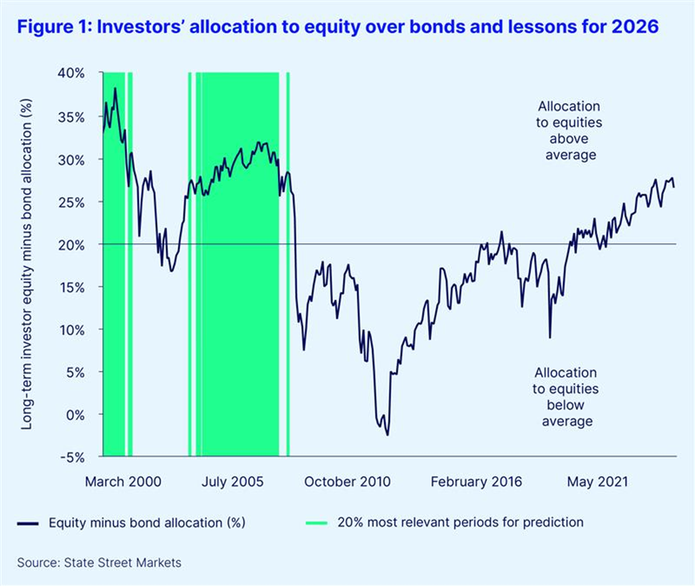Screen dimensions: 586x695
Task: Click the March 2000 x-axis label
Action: click(x=123, y=482)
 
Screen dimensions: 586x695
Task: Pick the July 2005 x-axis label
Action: click(x=232, y=482)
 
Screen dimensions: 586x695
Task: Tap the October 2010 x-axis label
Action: click(x=347, y=482)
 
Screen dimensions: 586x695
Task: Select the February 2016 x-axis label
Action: click(x=476, y=482)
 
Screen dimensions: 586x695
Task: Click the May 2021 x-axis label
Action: click(x=597, y=482)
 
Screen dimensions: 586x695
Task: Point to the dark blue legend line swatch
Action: click(x=29, y=523)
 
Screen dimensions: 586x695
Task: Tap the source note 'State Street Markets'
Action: click(x=100, y=562)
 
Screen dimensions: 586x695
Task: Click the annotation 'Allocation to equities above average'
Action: click(x=569, y=130)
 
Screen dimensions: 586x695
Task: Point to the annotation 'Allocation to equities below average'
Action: click(x=566, y=397)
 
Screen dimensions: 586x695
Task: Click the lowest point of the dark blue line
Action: click(x=388, y=434)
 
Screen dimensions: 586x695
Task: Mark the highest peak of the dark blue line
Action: click(x=115, y=88)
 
